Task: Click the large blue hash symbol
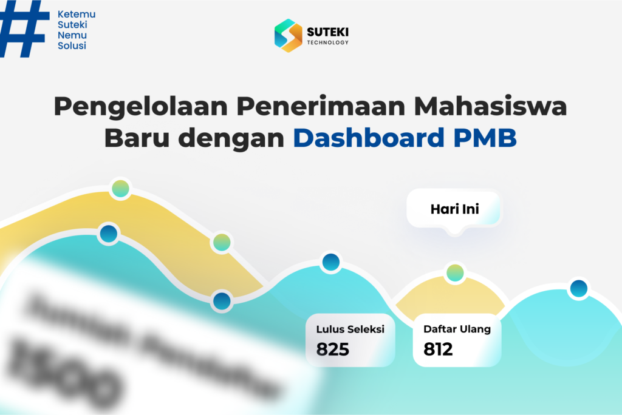[24, 28]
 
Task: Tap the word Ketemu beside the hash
[76, 14]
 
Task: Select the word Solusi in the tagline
[72, 46]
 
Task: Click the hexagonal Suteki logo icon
[288, 35]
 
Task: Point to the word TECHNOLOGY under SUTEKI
[328, 42]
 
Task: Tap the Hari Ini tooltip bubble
[454, 210]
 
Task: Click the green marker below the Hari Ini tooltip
[455, 273]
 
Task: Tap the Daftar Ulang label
[457, 329]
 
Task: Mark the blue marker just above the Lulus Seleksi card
[331, 262]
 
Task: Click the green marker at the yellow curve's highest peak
[120, 188]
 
